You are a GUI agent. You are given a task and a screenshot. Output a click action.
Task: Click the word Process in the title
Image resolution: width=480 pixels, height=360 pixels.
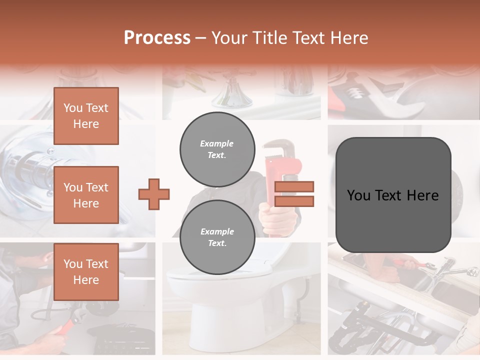pos(157,37)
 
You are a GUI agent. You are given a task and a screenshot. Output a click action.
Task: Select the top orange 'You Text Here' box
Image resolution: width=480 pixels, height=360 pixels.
pos(86,116)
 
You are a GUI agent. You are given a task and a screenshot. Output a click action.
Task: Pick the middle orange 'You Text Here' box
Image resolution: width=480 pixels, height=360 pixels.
pos(86,195)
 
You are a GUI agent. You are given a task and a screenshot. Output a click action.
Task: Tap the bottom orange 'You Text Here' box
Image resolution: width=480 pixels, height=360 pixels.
pos(86,272)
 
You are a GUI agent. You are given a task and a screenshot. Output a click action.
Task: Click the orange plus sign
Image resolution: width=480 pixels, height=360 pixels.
pos(154,194)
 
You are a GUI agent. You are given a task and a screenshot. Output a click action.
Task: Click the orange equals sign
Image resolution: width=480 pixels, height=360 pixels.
pos(294,194)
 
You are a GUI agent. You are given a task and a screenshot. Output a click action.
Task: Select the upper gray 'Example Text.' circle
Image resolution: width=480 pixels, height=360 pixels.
pos(217,149)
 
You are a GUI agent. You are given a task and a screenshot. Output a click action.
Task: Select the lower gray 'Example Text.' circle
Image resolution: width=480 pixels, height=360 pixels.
pos(217,237)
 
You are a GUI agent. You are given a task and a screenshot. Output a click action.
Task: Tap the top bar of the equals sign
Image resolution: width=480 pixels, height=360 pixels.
pos(294,187)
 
